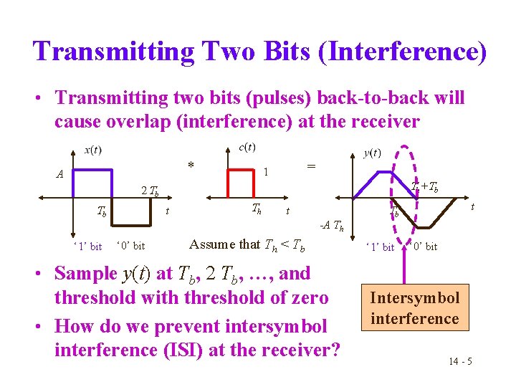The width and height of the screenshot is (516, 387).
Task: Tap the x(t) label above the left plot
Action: pyautogui.click(x=92, y=150)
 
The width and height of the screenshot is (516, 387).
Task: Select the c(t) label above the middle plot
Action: pyautogui.click(x=247, y=147)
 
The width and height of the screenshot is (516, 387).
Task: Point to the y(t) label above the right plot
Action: pyautogui.click(x=373, y=153)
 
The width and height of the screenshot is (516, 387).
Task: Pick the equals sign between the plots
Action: pyautogui.click(x=311, y=166)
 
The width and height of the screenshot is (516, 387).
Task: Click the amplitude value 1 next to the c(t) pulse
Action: pyautogui.click(x=266, y=172)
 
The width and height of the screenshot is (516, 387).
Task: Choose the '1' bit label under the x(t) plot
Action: pyautogui.click(x=87, y=247)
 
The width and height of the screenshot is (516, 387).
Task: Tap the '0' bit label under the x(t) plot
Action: pyautogui.click(x=130, y=247)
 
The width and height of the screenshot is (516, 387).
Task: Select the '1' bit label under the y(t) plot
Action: pyautogui.click(x=380, y=247)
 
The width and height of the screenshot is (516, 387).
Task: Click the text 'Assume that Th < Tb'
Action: pyautogui.click(x=247, y=244)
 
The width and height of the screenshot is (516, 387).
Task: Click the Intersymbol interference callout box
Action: pyautogui.click(x=414, y=308)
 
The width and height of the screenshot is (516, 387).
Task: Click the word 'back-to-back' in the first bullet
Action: pyautogui.click(x=341, y=98)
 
